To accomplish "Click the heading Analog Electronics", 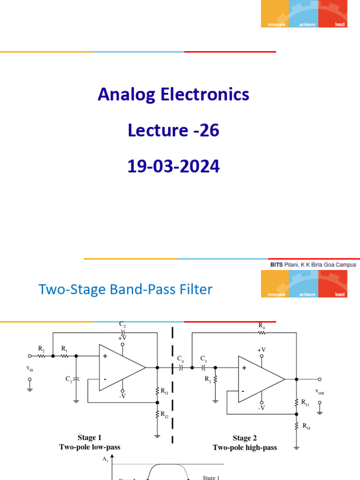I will tap(173, 95).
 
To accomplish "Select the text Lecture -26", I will tap(173, 131).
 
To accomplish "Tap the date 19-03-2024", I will tap(173, 167).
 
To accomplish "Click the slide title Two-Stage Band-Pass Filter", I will tap(125, 289).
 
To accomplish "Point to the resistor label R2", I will tap(41, 349).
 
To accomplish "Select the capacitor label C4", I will tap(180, 359).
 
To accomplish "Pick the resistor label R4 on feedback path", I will tap(262, 325).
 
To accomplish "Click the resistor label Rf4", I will tap(306, 426).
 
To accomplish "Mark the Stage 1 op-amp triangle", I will tap(120, 367).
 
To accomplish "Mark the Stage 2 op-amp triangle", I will tap(259, 379).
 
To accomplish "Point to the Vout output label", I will tap(320, 392).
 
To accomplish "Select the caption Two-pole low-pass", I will tap(90, 447).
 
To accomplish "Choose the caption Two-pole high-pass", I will tap(245, 448).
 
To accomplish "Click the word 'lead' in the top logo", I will tap(340, 24).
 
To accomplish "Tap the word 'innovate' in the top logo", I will tap(276, 24).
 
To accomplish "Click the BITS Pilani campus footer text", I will tap(313, 265).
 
